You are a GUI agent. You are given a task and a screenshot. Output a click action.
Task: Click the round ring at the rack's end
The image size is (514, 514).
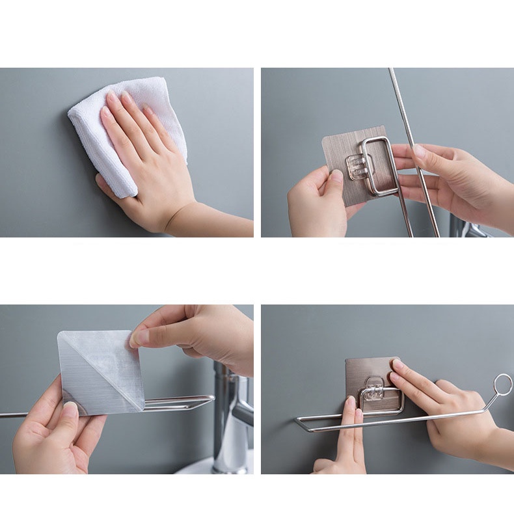pos(502,385)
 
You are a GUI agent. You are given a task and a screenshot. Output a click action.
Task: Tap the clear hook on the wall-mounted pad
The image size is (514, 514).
pos(373,389)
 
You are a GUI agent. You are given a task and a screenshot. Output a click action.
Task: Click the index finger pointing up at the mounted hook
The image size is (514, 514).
pos(349,429)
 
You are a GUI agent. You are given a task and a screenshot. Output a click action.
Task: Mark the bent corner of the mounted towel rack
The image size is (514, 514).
pos(300,422)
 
